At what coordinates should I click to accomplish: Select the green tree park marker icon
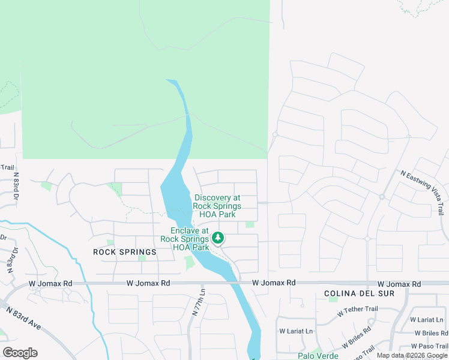(x=218, y=239)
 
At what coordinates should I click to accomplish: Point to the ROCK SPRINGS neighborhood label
(x=125, y=253)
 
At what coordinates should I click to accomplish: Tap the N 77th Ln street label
(x=199, y=302)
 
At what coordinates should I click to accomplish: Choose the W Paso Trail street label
(x=430, y=346)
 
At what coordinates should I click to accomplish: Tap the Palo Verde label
(x=319, y=355)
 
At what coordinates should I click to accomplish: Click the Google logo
(x=20, y=353)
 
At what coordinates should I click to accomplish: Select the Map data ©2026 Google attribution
(x=412, y=355)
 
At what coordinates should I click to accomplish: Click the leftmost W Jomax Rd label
(x=50, y=283)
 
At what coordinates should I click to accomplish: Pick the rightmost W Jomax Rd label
(x=399, y=283)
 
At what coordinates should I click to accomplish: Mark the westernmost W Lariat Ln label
(x=296, y=331)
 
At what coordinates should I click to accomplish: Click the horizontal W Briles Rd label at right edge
(x=431, y=333)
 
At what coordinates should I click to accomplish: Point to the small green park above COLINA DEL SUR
(x=333, y=299)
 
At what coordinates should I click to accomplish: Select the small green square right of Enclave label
(x=250, y=224)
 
